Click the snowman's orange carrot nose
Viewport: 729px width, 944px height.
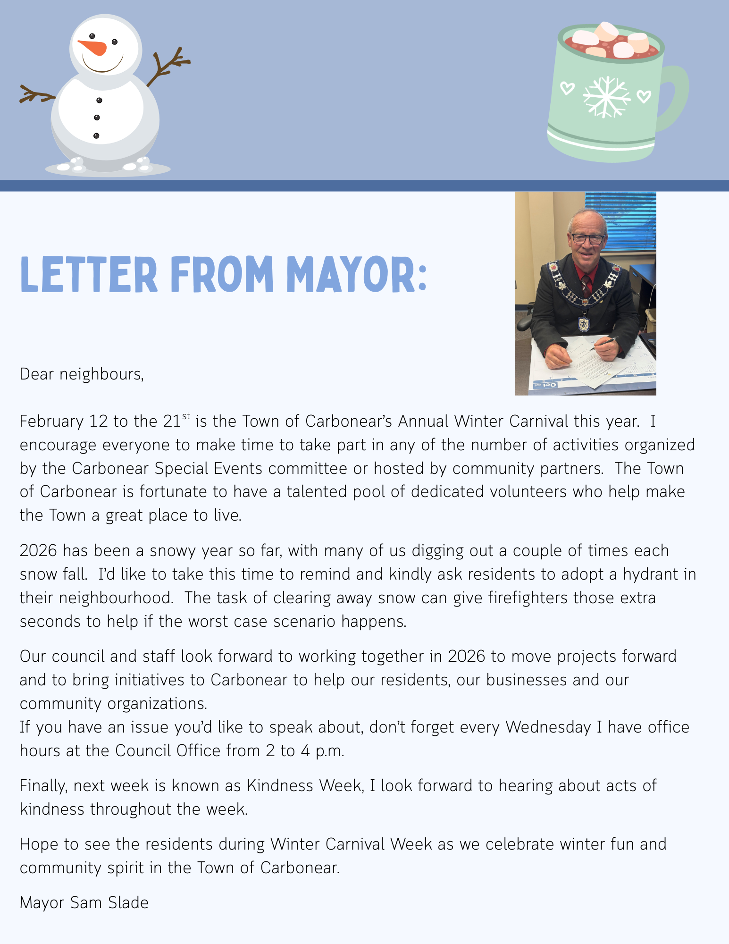pos(93,47)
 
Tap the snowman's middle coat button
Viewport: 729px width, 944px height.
pos(97,118)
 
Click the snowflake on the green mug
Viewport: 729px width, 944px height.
pos(606,97)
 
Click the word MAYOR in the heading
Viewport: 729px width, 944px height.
pos(357,275)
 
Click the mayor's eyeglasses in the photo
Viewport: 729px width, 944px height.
pos(587,238)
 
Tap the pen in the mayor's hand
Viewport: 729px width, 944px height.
pos(603,343)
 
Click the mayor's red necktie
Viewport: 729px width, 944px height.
pos(585,286)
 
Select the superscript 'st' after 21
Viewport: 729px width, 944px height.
pos(186,416)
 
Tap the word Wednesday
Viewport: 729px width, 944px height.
pos(548,727)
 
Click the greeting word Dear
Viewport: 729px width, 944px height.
pos(36,374)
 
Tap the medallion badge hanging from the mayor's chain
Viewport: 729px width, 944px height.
pos(584,324)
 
